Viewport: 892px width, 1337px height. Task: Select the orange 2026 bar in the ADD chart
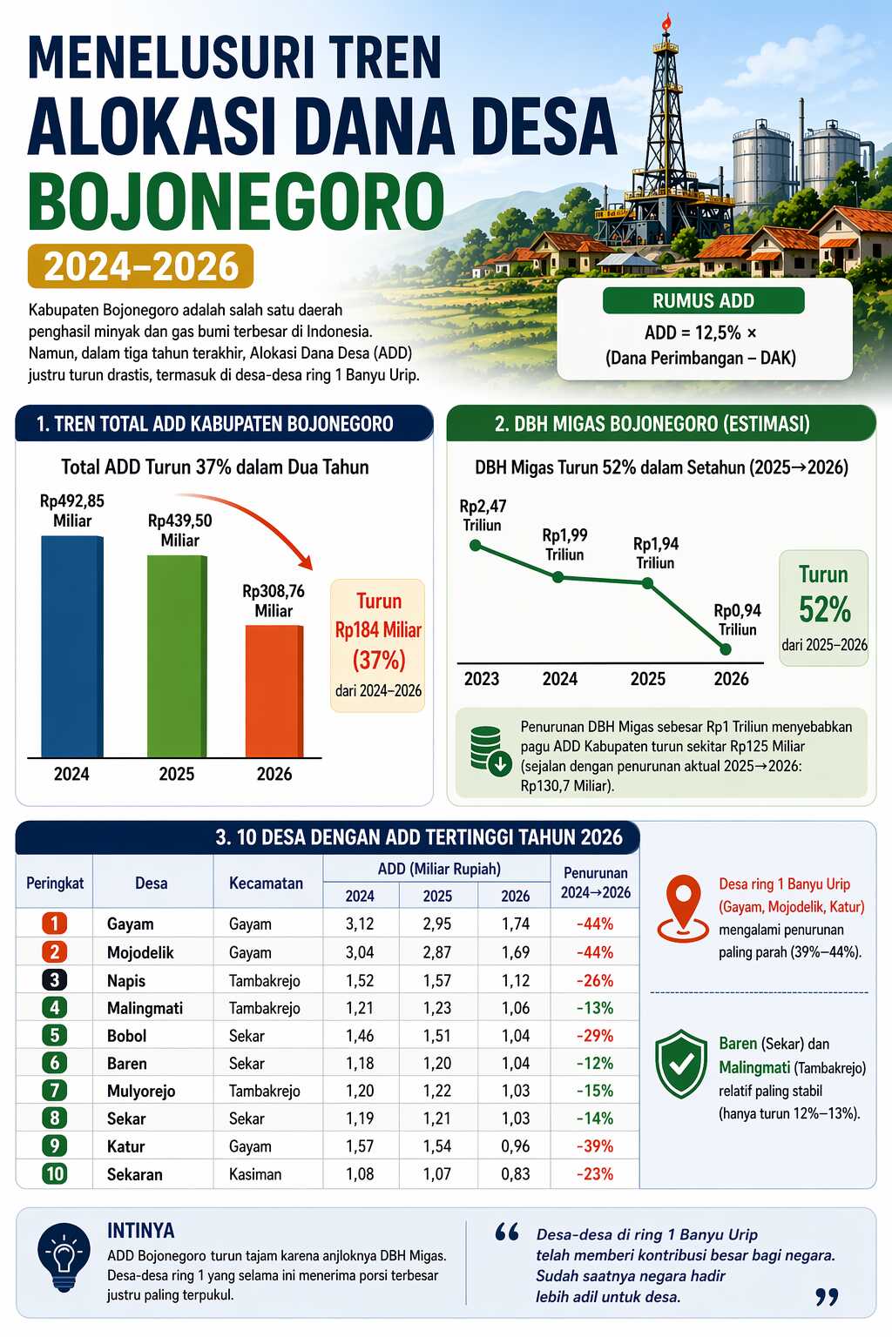[x=274, y=691]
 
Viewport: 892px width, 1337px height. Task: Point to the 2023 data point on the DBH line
[x=475, y=546]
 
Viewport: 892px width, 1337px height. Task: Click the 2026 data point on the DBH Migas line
[x=725, y=648]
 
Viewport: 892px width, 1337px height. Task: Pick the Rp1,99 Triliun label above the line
[x=564, y=545]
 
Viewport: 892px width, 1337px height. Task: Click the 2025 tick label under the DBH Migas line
[x=647, y=679]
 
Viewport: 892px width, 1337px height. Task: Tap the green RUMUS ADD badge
[x=703, y=301]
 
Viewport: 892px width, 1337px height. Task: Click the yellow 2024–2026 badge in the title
[x=141, y=266]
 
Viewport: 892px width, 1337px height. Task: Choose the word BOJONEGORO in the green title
[x=236, y=201]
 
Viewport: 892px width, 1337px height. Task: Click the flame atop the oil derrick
[x=666, y=23]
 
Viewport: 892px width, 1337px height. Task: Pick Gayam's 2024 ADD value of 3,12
[x=360, y=924]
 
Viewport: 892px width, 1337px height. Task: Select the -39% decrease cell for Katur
[x=595, y=1146]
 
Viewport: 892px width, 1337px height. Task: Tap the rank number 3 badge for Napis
[x=54, y=980]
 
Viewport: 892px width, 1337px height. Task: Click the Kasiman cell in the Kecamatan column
[x=255, y=1174]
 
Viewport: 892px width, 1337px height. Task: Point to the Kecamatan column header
[x=266, y=883]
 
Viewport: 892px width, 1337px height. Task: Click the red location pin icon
[x=684, y=907]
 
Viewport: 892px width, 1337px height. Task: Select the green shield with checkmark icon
[x=681, y=1064]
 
